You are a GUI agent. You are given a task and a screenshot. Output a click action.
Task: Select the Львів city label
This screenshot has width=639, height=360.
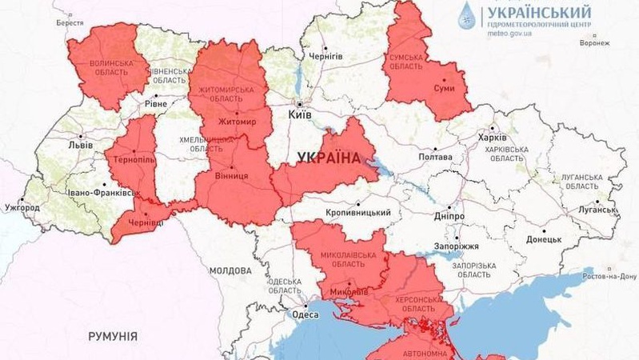click(x=80, y=146)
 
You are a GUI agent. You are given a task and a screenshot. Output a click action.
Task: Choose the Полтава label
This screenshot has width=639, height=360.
click(x=435, y=158)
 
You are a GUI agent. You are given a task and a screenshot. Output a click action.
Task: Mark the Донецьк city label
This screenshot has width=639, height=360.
click(x=544, y=239)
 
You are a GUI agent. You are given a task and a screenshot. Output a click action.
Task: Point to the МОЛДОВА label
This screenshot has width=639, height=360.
click(x=231, y=271)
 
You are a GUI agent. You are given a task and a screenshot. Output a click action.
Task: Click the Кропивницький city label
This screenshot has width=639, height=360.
click(x=358, y=213)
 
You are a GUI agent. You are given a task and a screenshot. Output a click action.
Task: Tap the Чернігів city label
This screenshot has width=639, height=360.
click(x=325, y=56)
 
